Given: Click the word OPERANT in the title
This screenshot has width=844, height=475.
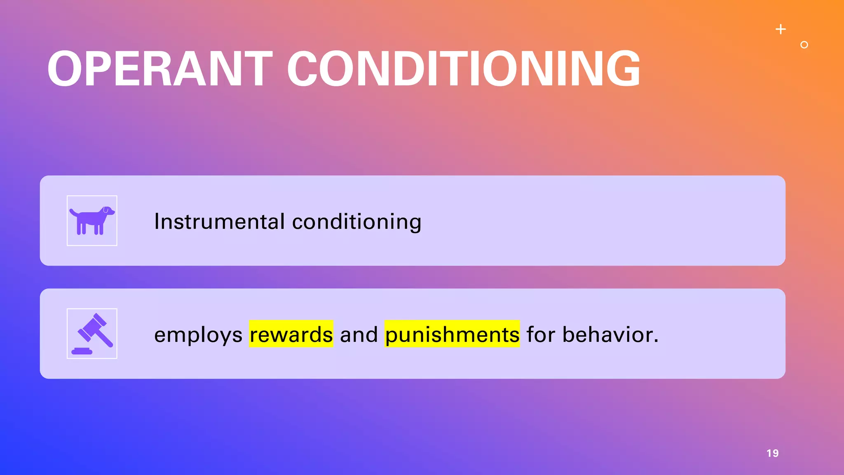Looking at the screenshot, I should [160, 69].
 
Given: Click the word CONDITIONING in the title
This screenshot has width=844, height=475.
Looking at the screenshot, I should [464, 69].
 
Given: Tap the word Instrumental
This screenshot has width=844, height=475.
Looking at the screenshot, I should [219, 221].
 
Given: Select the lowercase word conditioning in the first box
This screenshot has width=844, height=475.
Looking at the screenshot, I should [356, 221].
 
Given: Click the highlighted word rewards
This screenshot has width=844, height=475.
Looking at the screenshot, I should [291, 334].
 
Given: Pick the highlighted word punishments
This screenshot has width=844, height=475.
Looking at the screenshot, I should [452, 334].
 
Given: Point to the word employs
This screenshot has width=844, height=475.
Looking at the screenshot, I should [198, 334].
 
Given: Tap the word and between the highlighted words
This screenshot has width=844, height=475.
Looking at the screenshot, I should [359, 334].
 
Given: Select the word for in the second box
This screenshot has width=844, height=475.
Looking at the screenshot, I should [541, 334].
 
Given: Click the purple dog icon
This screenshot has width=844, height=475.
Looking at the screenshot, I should [92, 221].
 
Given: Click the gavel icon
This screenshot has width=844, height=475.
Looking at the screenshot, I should [92, 334].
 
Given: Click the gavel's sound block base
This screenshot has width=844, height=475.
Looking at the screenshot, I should [82, 351].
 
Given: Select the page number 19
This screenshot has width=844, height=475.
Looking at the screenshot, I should [772, 453].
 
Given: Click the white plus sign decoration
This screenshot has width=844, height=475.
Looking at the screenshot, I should [781, 29].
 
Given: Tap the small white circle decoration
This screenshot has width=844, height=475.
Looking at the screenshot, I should [804, 45].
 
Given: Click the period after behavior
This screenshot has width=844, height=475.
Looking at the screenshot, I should [656, 341].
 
